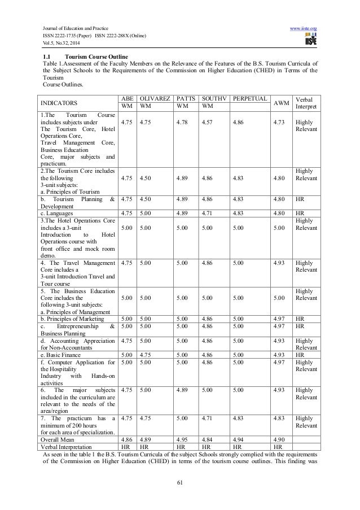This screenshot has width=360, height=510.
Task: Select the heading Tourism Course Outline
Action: [x=96, y=57]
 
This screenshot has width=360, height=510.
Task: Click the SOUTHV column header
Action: [x=213, y=98]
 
